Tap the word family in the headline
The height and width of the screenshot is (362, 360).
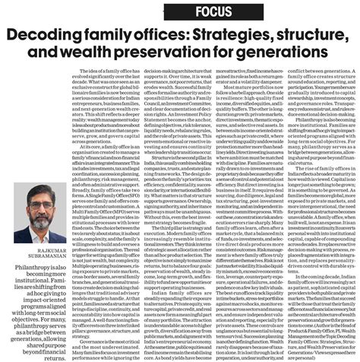pos(118,37)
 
